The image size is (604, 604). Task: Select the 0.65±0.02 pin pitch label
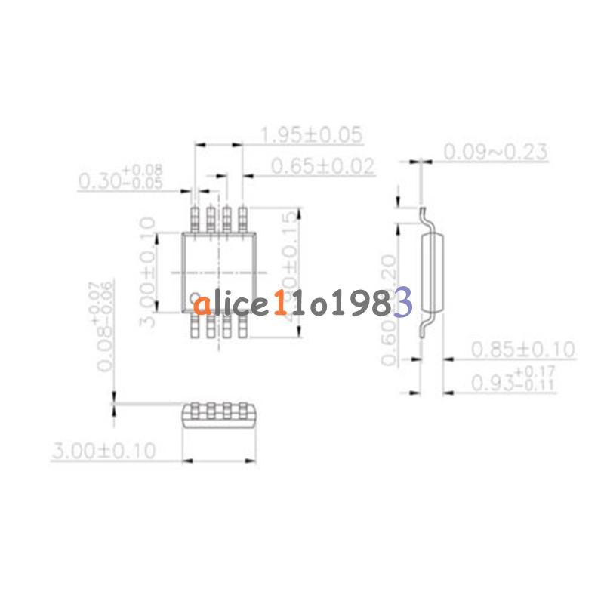(323, 166)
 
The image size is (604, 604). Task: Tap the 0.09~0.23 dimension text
(495, 152)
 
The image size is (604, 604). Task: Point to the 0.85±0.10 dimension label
(522, 350)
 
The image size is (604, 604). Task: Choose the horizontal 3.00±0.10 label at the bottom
(103, 451)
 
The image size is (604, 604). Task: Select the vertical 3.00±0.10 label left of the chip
(148, 272)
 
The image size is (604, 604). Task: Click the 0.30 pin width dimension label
(121, 178)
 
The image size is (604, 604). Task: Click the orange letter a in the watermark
(201, 306)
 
